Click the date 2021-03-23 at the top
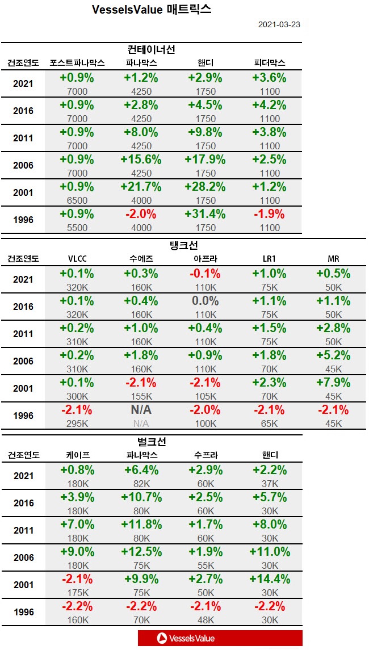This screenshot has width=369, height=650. (x=279, y=25)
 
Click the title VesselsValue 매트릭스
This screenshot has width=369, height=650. (x=151, y=10)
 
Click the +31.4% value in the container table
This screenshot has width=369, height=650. (x=206, y=215)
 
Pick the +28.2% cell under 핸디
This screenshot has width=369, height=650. (x=206, y=187)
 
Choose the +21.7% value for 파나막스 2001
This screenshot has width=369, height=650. (x=141, y=187)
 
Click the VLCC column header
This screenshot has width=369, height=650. (x=77, y=259)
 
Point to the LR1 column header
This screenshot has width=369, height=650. (x=269, y=259)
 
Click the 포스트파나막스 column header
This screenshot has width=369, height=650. (x=77, y=62)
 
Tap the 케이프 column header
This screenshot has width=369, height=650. (x=78, y=455)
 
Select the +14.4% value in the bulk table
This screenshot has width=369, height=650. (x=269, y=580)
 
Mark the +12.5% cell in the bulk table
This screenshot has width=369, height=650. (x=141, y=552)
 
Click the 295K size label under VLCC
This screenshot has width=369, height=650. (x=77, y=423)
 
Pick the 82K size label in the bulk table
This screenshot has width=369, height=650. (x=141, y=484)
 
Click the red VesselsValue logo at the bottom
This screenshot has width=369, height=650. (x=220, y=638)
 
